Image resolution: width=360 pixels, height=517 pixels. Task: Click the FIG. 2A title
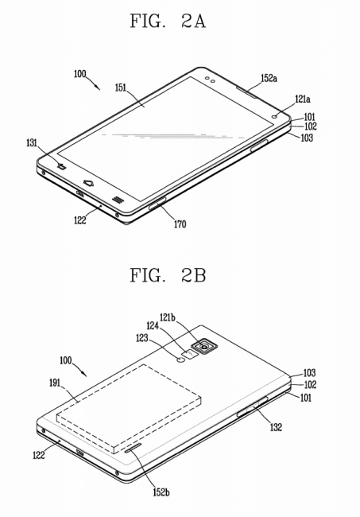click(x=168, y=21)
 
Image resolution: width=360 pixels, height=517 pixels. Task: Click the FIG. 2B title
click(x=168, y=275)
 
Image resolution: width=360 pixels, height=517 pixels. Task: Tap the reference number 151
click(x=121, y=87)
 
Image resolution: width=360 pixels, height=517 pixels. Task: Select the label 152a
click(x=269, y=78)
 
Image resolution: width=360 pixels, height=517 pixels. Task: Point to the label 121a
click(x=302, y=99)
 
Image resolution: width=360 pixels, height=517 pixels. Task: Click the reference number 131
click(x=32, y=143)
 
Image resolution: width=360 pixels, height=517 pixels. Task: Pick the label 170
click(x=180, y=224)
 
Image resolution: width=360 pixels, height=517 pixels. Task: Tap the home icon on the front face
click(x=88, y=183)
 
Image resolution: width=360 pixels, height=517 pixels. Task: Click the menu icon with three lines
click(x=118, y=200)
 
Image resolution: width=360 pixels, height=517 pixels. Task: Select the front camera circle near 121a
click(x=275, y=116)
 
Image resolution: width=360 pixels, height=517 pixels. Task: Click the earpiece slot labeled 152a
click(x=247, y=92)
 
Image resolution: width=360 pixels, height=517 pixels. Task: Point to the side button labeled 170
click(x=157, y=203)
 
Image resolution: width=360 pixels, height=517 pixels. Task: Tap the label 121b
click(x=168, y=317)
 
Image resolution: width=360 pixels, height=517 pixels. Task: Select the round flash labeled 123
click(x=181, y=360)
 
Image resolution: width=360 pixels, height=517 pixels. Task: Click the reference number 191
click(x=55, y=383)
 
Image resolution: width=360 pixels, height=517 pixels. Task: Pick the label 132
click(x=276, y=427)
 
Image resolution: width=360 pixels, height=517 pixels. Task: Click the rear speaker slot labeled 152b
click(x=133, y=448)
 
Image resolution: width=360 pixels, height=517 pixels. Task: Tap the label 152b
click(x=161, y=492)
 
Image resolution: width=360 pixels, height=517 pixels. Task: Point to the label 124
click(x=153, y=326)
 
